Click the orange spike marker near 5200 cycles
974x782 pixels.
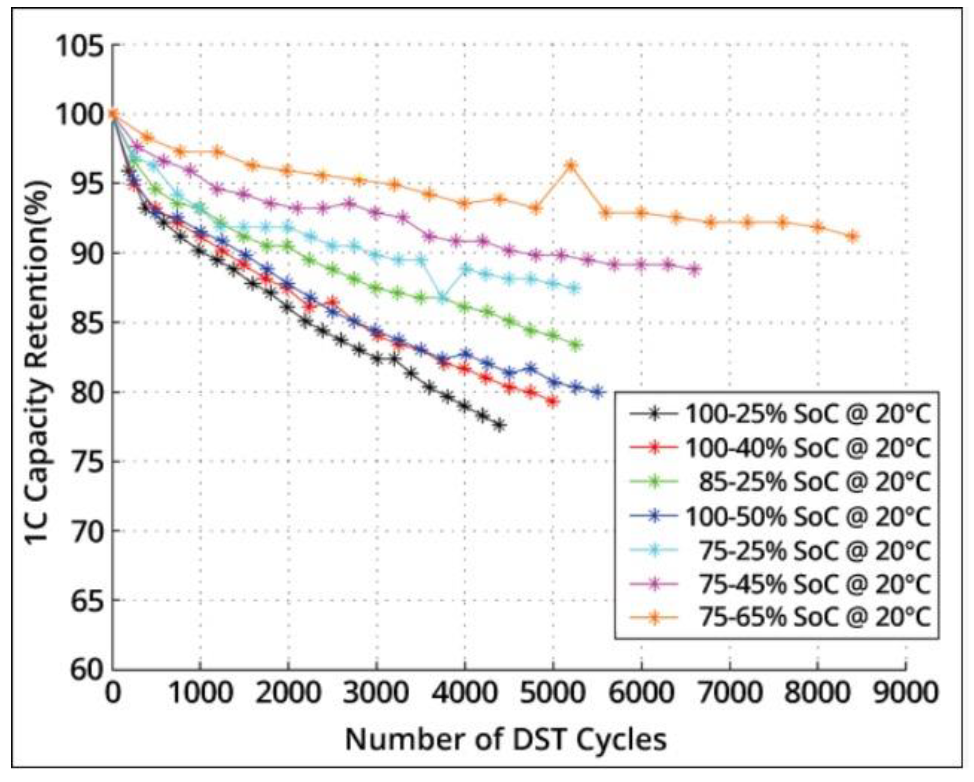pos(571,165)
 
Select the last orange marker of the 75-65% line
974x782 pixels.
pos(853,236)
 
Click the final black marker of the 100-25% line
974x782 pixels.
pos(499,425)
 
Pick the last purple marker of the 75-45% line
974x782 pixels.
pos(695,270)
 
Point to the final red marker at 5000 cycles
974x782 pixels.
pos(552,401)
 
